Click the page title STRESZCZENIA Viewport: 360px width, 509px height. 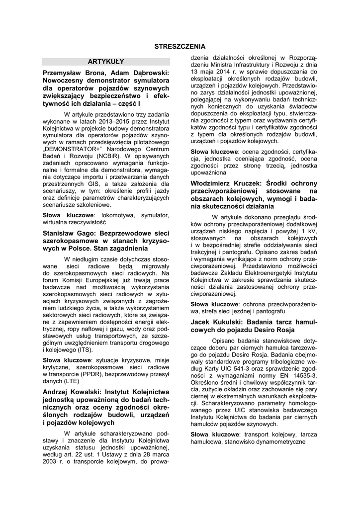180,46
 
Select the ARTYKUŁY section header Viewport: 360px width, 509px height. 106,62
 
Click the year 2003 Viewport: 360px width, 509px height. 50,461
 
